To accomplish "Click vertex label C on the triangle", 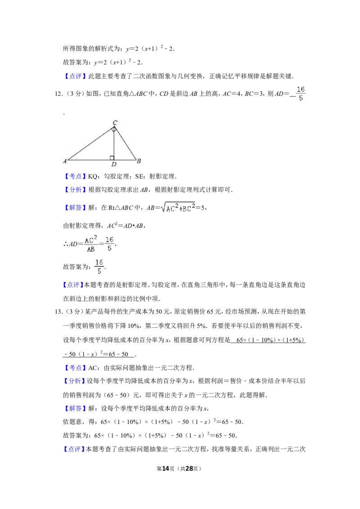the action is [x=115, y=123].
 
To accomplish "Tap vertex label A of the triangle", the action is [x=65, y=161].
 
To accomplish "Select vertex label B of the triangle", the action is [x=139, y=161].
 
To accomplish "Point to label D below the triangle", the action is [x=114, y=164].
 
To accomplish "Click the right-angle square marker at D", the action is [x=112, y=158].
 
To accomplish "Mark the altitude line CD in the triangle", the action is [x=114, y=143].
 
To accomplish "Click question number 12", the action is [x=58, y=94].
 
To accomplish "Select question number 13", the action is [x=58, y=312].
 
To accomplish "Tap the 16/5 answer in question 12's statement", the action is [x=301, y=94].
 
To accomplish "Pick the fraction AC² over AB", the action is [x=90, y=244].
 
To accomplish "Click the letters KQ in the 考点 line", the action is [x=92, y=177].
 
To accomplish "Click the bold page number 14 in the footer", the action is [x=166, y=469].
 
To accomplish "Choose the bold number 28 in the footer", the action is [x=189, y=469].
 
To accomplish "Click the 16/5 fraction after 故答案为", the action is [x=99, y=267].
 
